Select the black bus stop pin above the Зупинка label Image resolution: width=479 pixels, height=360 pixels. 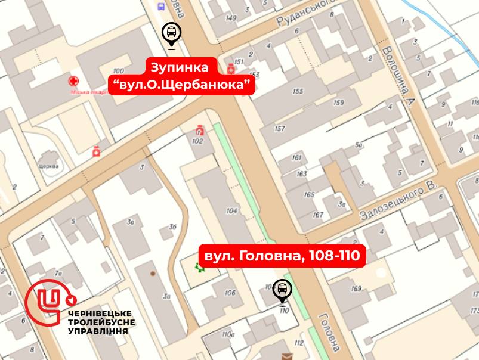[171, 35]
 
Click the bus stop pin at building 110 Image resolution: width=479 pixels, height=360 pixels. [282, 291]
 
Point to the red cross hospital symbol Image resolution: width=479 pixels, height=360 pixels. [73, 81]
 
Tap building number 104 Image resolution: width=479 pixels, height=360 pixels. [233, 211]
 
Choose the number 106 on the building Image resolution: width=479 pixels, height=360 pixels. [230, 293]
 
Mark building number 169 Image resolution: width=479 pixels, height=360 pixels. [357, 289]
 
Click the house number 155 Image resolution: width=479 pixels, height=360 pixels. [298, 91]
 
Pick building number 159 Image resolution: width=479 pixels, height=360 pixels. [338, 103]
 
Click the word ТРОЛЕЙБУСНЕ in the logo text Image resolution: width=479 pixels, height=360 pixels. [102, 322]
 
